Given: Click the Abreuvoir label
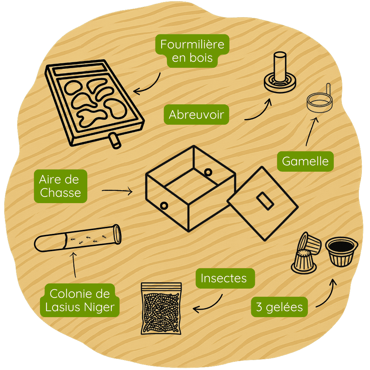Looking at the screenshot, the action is (196, 114).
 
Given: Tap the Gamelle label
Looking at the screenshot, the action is (305, 161).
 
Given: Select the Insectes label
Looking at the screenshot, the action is (225, 278).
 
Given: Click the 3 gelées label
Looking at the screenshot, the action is (279, 307).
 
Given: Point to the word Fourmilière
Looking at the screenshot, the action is (192, 44).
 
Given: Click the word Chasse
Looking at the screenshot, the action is (60, 192).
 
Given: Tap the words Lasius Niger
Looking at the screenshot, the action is (80, 307).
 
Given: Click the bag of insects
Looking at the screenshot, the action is (161, 309).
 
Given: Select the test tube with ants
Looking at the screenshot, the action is (78, 238).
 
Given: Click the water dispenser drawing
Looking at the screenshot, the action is (280, 73).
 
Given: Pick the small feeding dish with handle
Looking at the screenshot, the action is (320, 99).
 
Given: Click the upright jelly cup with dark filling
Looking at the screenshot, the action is (342, 252).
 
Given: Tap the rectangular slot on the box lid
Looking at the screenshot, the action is (265, 201).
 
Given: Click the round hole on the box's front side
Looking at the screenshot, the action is (164, 206).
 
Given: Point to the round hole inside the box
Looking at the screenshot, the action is (208, 172).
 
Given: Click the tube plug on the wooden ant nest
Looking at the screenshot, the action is (115, 141).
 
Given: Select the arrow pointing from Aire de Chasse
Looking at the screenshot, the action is (117, 191).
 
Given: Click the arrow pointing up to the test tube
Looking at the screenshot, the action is (74, 265).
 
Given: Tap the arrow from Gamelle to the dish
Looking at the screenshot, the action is (312, 131).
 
